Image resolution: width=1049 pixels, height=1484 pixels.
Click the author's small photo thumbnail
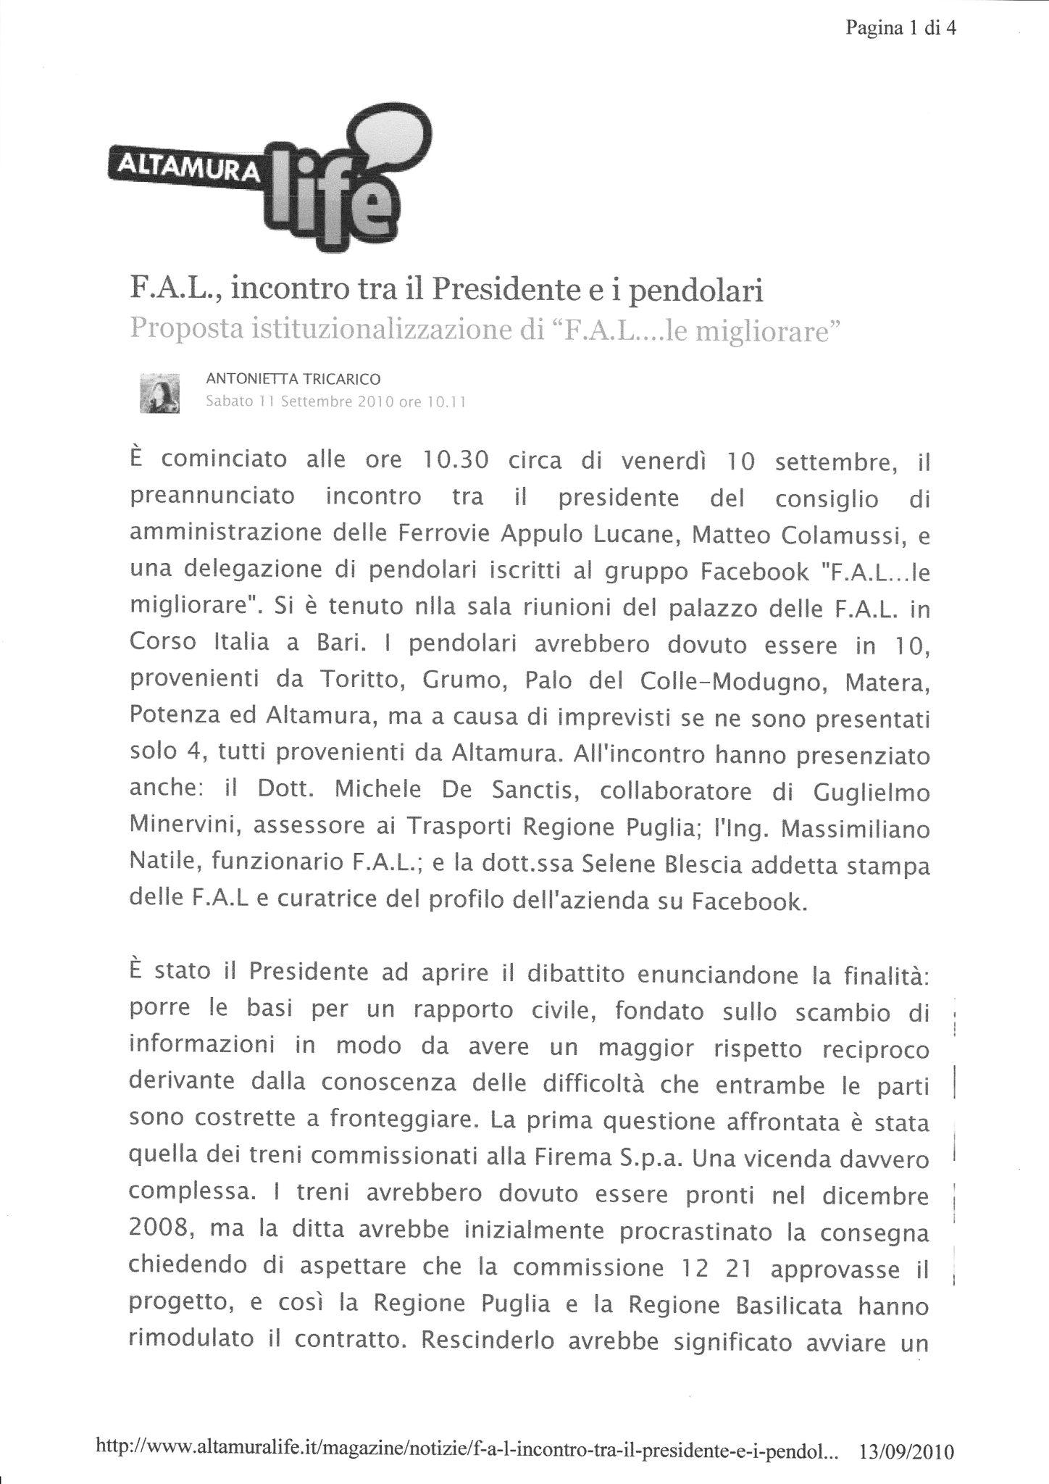pyautogui.click(x=159, y=393)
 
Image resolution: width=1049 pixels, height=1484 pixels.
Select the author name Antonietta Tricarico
pyautogui.click(x=293, y=378)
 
